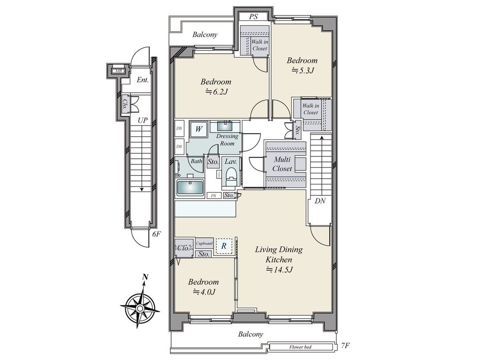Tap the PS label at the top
click(253, 17)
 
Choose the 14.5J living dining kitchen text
click(279, 270)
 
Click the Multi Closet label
click(282, 164)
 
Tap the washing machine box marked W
click(199, 129)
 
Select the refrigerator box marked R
click(224, 245)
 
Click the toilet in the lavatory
click(231, 183)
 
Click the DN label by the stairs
click(320, 201)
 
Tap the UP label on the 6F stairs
click(143, 120)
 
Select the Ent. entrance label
click(142, 80)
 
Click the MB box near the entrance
click(119, 71)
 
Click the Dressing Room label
click(227, 140)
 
